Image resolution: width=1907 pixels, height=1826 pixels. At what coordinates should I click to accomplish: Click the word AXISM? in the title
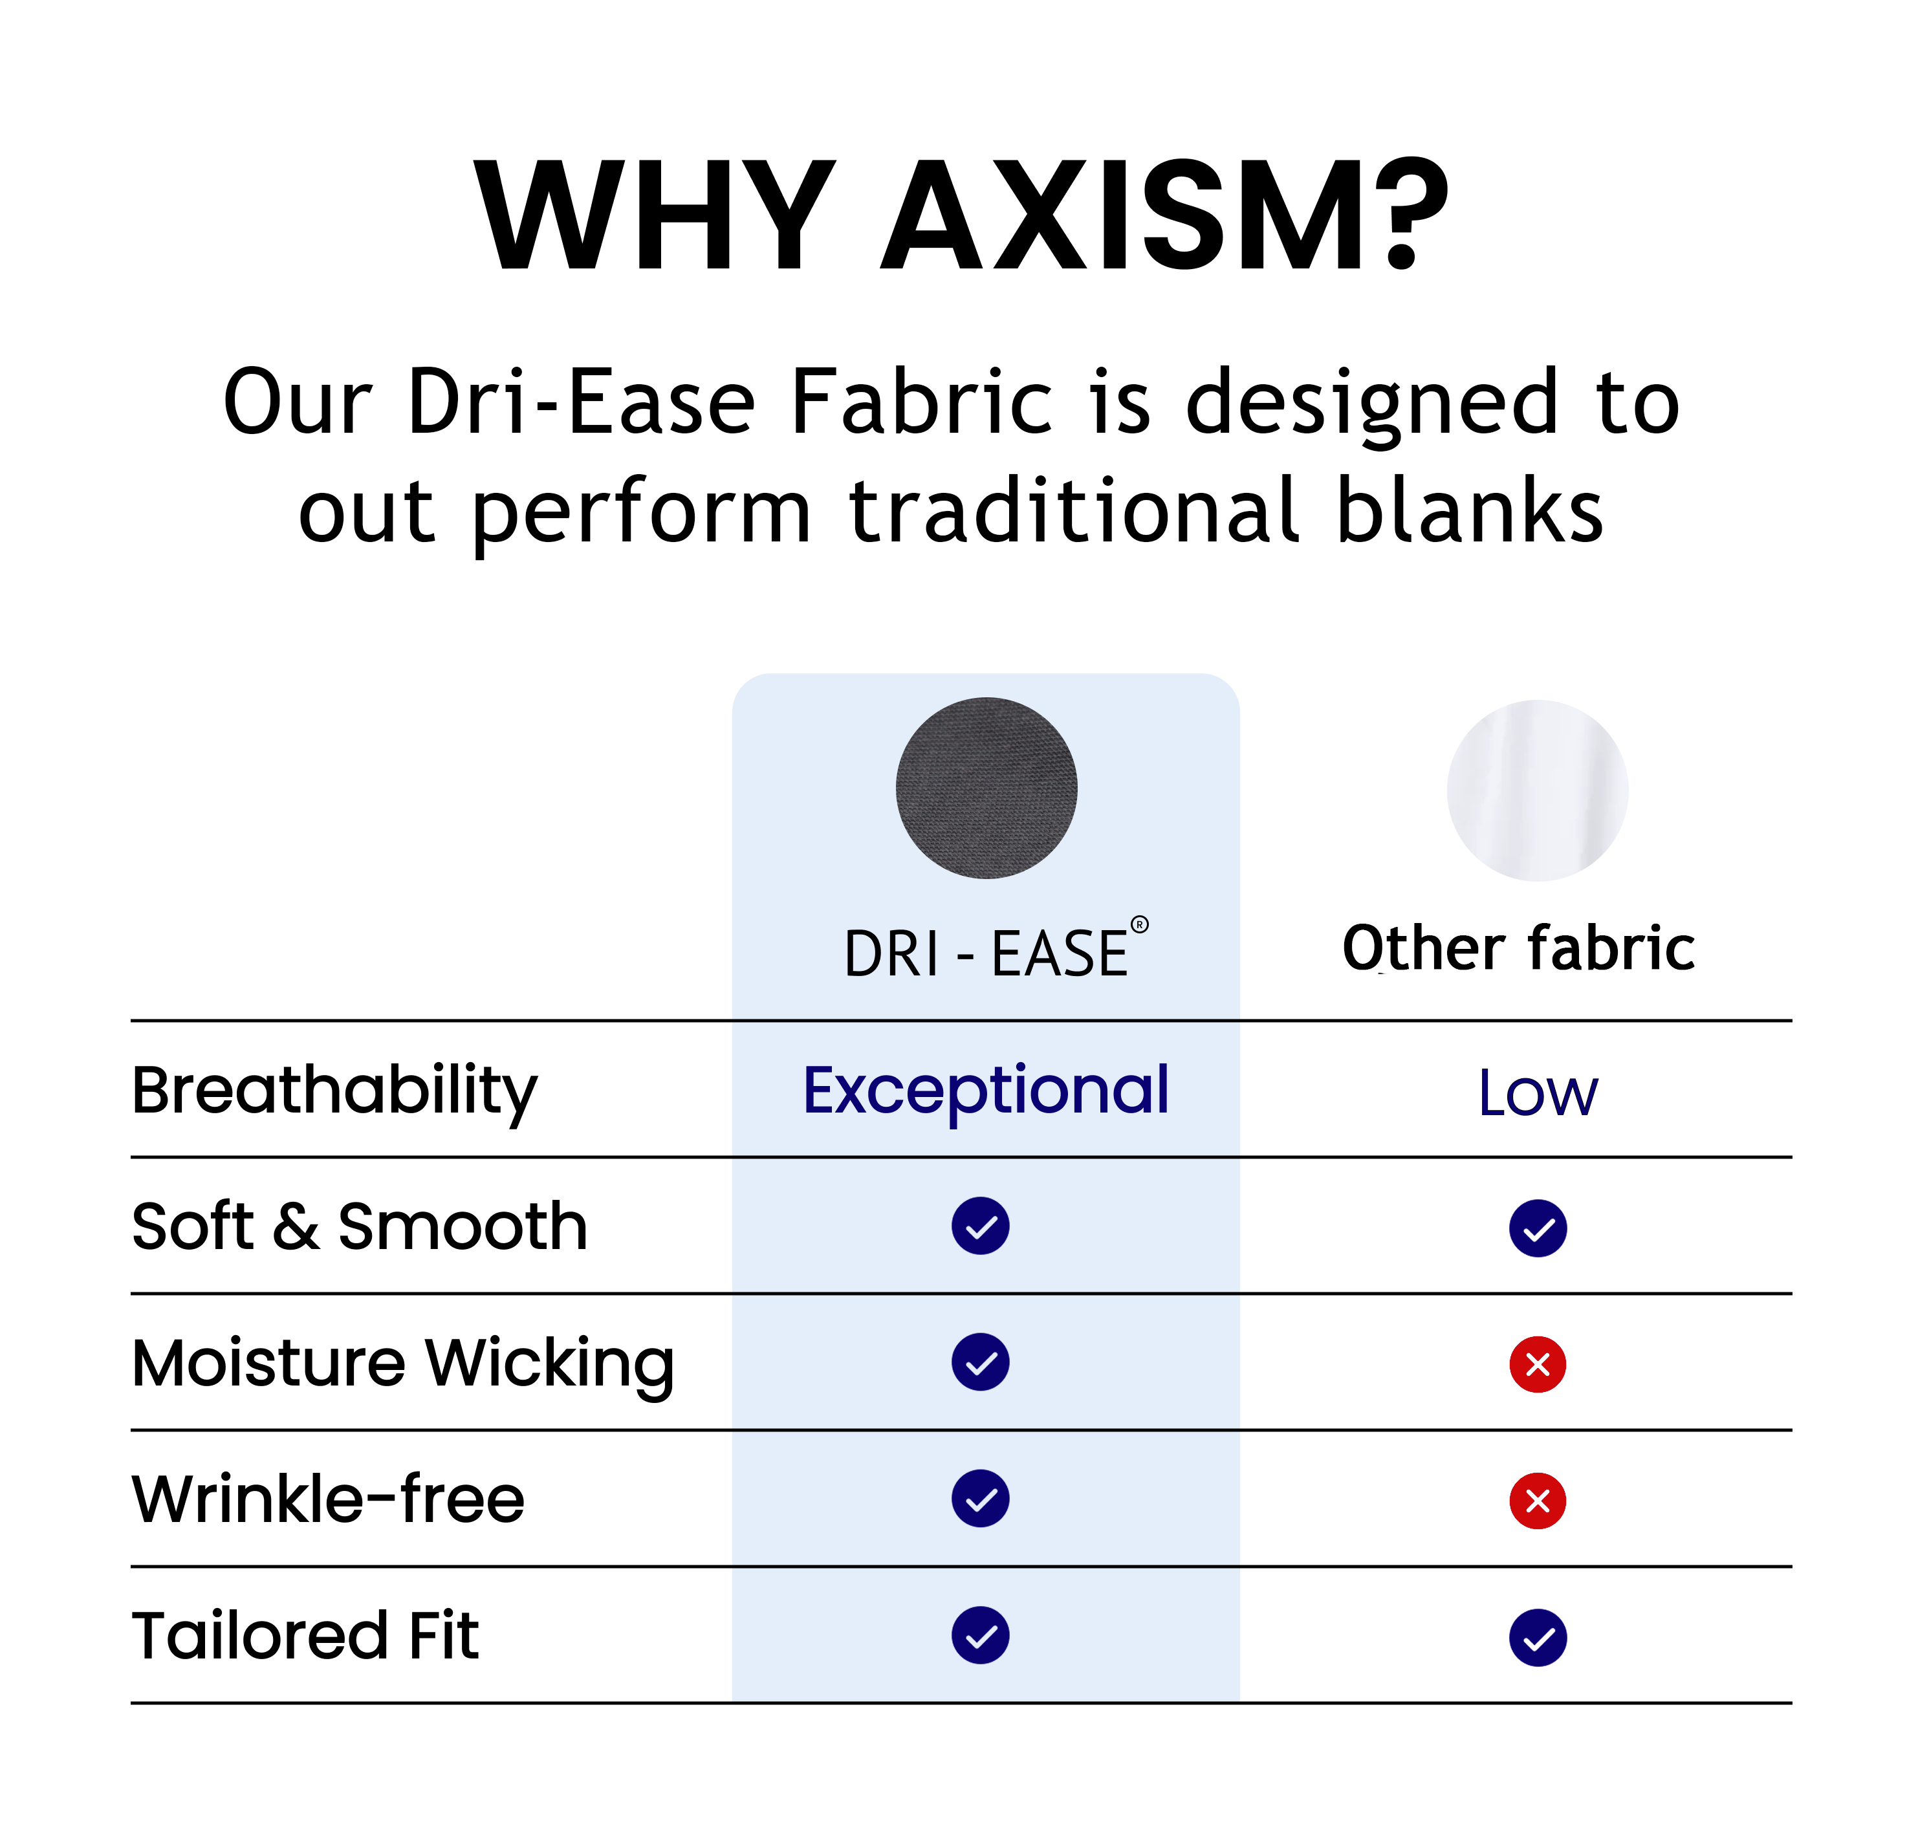pyautogui.click(x=1164, y=214)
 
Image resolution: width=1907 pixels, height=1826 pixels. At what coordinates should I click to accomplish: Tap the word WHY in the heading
pyautogui.click(x=655, y=215)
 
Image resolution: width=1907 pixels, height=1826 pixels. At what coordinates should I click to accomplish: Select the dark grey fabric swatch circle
pyautogui.click(x=986, y=788)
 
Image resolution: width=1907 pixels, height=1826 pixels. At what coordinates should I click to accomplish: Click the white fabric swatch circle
pyautogui.click(x=1537, y=790)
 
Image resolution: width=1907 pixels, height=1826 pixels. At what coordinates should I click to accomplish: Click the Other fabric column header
pyautogui.click(x=1519, y=948)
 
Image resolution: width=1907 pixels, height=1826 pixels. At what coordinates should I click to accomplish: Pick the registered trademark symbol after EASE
pyautogui.click(x=1139, y=924)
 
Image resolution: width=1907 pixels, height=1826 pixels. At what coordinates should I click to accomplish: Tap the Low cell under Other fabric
pyautogui.click(x=1537, y=1093)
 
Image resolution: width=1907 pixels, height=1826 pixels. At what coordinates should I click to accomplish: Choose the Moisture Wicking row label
pyautogui.click(x=403, y=1365)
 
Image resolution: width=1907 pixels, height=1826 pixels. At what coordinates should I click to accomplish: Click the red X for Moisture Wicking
pyautogui.click(x=1537, y=1365)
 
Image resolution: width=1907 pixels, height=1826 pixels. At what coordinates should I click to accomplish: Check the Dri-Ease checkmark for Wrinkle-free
pyautogui.click(x=981, y=1498)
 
